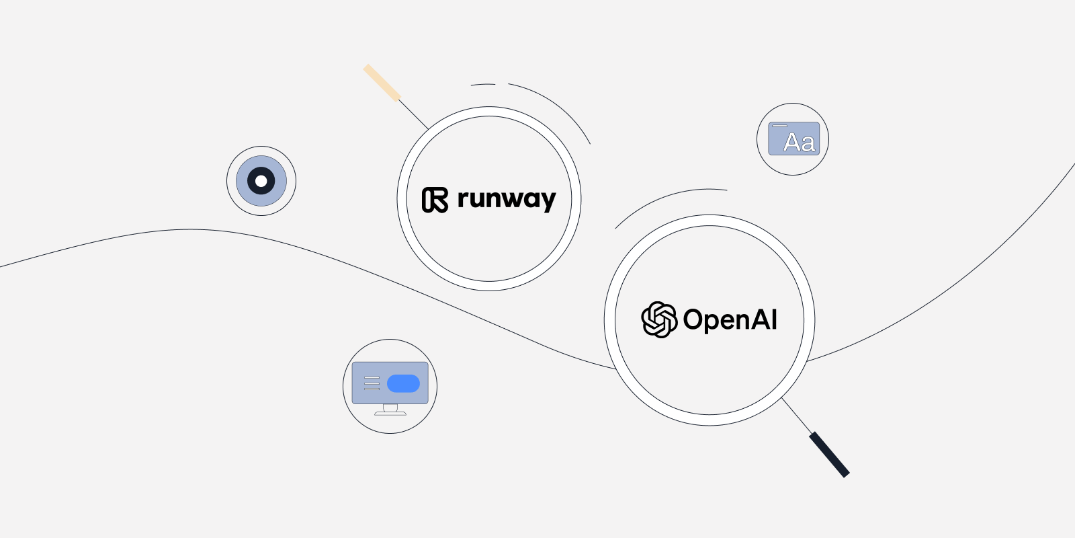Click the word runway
[x=506, y=199]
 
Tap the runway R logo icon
[x=435, y=200]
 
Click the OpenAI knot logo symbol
[x=658, y=319]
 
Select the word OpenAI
[x=730, y=319]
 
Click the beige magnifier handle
[x=382, y=82]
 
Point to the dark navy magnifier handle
[x=829, y=455]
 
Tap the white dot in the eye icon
[x=261, y=181]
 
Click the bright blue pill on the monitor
[x=403, y=383]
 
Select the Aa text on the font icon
[x=799, y=143]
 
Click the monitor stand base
[x=390, y=413]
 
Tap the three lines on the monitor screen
[x=372, y=383]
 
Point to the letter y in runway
[x=547, y=201]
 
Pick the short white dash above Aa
[x=779, y=126]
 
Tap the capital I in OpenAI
[x=774, y=319]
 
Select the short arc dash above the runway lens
[x=483, y=85]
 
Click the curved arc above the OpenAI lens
[x=665, y=200]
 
